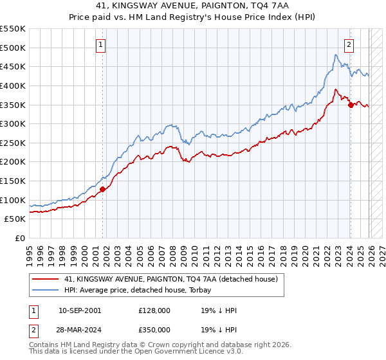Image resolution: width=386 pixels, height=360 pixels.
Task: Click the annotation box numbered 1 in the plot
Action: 102,44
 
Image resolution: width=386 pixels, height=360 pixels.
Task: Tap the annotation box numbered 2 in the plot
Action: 349,44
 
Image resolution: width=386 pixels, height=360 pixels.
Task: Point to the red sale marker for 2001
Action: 103,189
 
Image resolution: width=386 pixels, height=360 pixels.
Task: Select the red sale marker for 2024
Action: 351,105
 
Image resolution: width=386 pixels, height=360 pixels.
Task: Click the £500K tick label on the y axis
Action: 13,48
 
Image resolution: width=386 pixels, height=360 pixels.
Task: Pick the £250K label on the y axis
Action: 13,143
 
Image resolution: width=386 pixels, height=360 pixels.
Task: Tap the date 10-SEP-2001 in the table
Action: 79,310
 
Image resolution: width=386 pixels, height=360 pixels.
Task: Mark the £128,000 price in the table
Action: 154,310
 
